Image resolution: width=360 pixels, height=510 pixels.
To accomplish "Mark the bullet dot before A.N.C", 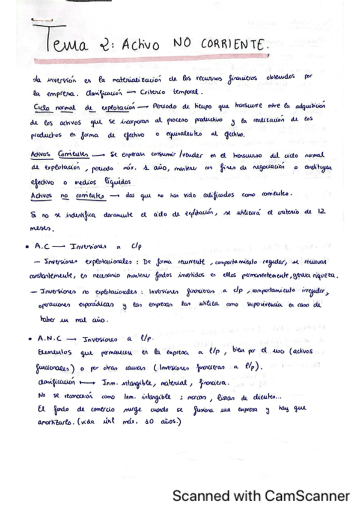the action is (x=30, y=340).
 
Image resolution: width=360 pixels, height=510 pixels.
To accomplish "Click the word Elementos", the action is (x=53, y=352).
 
